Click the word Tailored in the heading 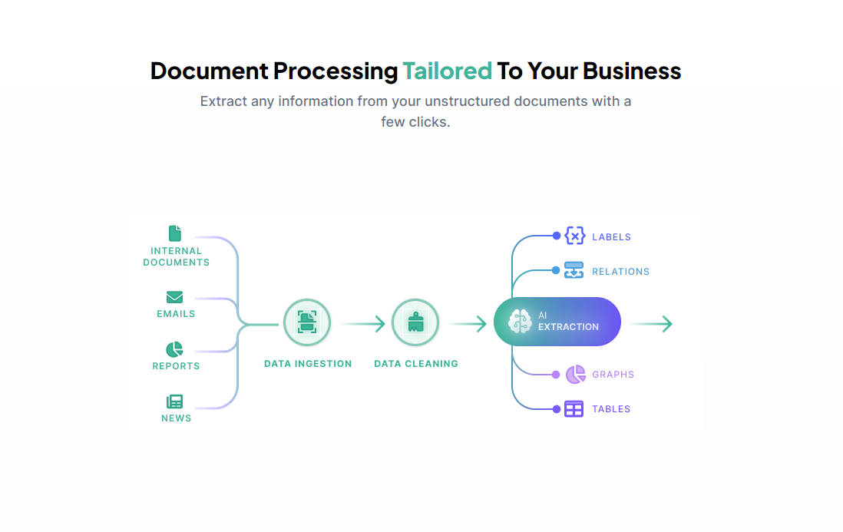coord(447,71)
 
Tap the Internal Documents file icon coord(175,233)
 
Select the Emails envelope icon coord(175,297)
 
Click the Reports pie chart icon coord(175,350)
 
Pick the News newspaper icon coord(175,401)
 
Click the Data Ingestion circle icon coord(307,323)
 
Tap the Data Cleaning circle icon coord(415,323)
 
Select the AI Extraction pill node coord(557,322)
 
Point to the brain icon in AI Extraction coord(520,322)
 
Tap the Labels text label coord(611,237)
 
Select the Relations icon coord(574,270)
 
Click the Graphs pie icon coord(575,375)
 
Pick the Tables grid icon coord(574,409)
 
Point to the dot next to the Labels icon coord(557,236)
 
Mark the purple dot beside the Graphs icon coord(557,375)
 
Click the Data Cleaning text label coord(416,364)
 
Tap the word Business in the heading coord(632,71)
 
